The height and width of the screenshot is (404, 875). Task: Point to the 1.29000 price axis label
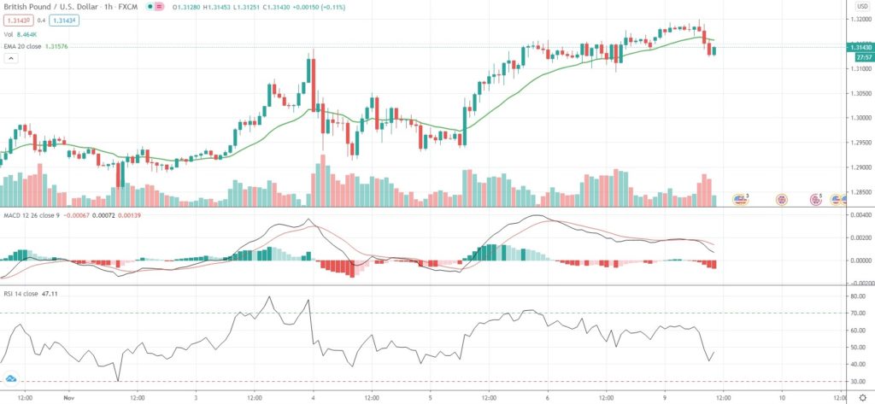click(857, 167)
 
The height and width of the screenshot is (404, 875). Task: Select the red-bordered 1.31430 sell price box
click(17, 20)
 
